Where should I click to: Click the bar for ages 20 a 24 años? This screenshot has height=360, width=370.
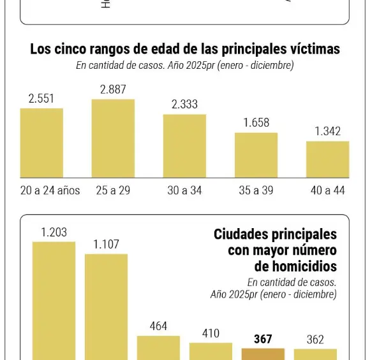[41, 143]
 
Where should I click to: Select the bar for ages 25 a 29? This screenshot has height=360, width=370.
[113, 138]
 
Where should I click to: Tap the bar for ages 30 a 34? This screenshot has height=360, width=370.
[184, 146]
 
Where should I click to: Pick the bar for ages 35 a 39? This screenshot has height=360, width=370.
[256, 155]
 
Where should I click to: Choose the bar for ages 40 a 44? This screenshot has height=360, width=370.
[327, 159]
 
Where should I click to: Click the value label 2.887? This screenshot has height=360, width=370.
[113, 90]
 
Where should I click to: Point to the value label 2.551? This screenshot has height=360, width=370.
[41, 99]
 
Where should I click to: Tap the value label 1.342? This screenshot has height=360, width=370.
[327, 132]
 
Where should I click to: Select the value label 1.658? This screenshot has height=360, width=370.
[256, 123]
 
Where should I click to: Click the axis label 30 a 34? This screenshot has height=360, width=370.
[184, 191]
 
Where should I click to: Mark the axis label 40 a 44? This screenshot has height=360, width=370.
[327, 191]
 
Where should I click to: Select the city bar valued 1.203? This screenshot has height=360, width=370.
[54, 299]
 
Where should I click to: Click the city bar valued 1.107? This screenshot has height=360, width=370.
[106, 306]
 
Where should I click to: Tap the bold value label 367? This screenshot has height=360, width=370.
[263, 339]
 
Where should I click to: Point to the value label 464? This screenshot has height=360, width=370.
[158, 326]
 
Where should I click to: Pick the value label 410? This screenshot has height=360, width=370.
[211, 333]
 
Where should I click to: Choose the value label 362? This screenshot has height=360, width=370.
[315, 340]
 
